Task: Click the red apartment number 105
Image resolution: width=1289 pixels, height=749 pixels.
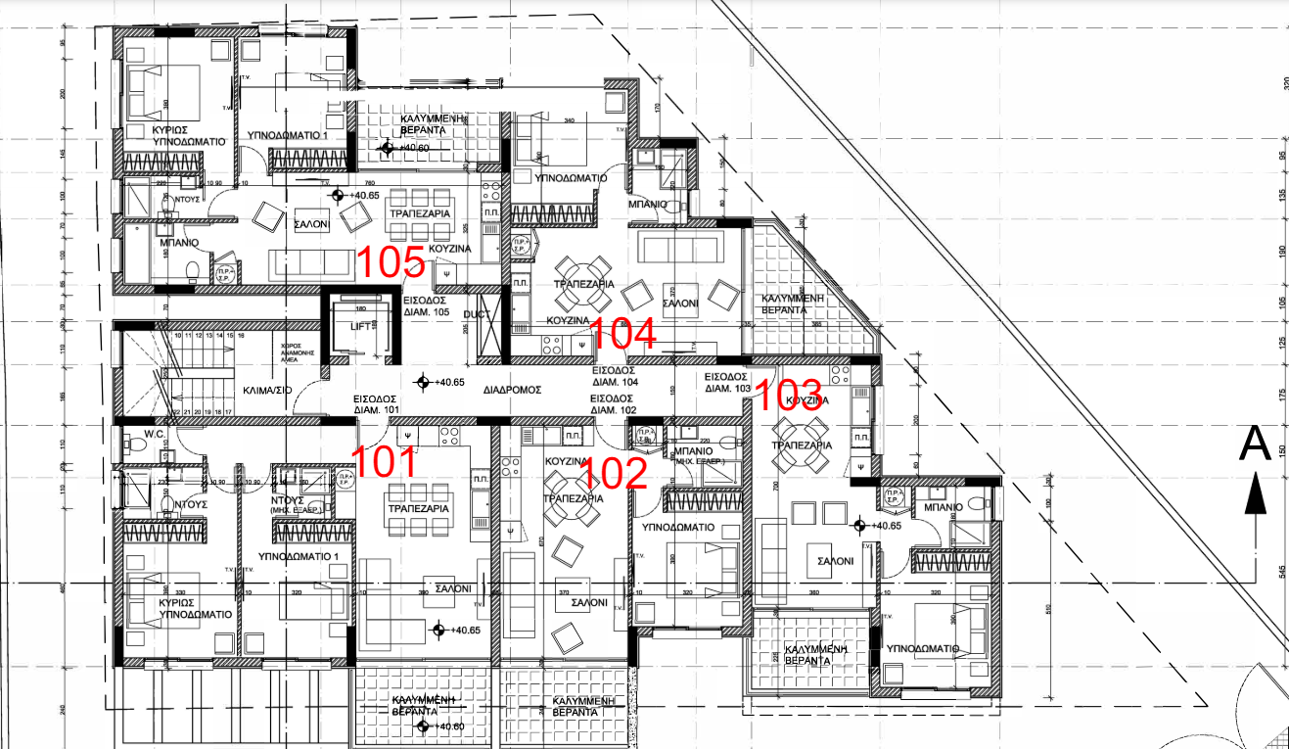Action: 389,262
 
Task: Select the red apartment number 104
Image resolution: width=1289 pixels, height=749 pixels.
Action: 622,336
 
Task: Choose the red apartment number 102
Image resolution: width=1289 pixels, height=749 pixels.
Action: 616,474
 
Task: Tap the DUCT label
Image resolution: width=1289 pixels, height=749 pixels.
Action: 477,315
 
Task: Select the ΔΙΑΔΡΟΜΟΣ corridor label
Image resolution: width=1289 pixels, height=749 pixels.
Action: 512,390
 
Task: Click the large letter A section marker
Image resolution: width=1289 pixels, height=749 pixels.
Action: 1255,444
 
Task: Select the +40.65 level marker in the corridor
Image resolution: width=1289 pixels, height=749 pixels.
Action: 440,383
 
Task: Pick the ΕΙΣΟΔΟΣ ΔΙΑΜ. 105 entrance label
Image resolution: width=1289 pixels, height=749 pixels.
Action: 426,306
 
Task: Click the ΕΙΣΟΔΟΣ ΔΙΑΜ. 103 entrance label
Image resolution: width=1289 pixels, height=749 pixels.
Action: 728,383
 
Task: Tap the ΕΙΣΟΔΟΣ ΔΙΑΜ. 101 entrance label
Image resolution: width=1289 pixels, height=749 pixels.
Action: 377,404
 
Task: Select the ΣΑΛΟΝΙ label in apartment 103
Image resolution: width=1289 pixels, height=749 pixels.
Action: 830,561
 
